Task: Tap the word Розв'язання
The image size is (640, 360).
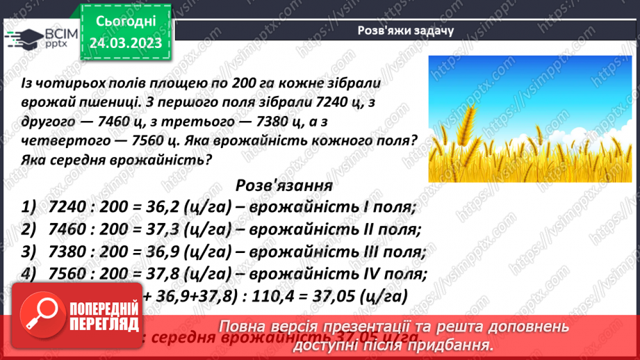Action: (x=284, y=186)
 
